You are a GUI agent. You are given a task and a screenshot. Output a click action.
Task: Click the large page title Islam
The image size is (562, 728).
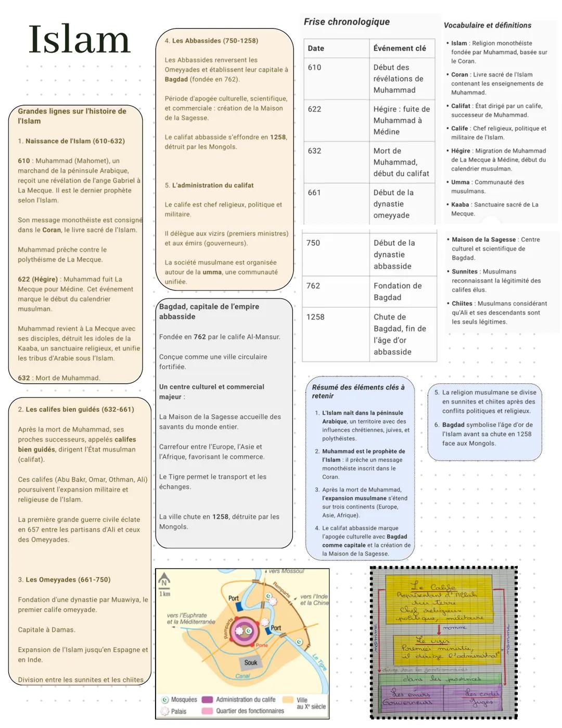tap(79, 40)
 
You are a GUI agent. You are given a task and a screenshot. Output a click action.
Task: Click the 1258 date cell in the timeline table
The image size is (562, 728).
tap(315, 317)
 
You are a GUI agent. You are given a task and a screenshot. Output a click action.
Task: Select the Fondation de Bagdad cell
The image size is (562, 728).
tap(398, 291)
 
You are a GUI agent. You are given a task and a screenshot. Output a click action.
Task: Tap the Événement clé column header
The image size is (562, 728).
tap(399, 48)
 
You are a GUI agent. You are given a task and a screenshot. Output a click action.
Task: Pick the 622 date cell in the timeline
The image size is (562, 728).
tap(314, 109)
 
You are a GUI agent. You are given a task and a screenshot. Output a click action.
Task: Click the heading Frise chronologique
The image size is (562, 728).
tap(347, 21)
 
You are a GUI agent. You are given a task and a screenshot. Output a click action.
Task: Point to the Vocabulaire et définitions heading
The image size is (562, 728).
tap(487, 25)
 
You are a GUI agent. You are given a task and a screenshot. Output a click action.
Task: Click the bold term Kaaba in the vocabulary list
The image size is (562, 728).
tap(460, 205)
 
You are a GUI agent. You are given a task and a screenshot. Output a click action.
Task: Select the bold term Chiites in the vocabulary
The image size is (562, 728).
tap(462, 303)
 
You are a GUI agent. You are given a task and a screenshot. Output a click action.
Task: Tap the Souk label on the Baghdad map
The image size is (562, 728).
tap(251, 662)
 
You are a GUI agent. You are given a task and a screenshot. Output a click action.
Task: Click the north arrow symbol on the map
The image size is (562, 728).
tap(165, 582)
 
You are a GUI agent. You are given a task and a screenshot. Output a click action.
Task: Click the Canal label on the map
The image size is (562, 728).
tap(243, 676)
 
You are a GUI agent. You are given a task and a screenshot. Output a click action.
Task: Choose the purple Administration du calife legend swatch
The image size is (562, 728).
tap(207, 699)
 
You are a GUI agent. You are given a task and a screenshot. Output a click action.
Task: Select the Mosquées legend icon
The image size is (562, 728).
tap(165, 699)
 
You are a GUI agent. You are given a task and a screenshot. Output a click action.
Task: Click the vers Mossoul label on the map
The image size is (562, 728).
tap(286, 571)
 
